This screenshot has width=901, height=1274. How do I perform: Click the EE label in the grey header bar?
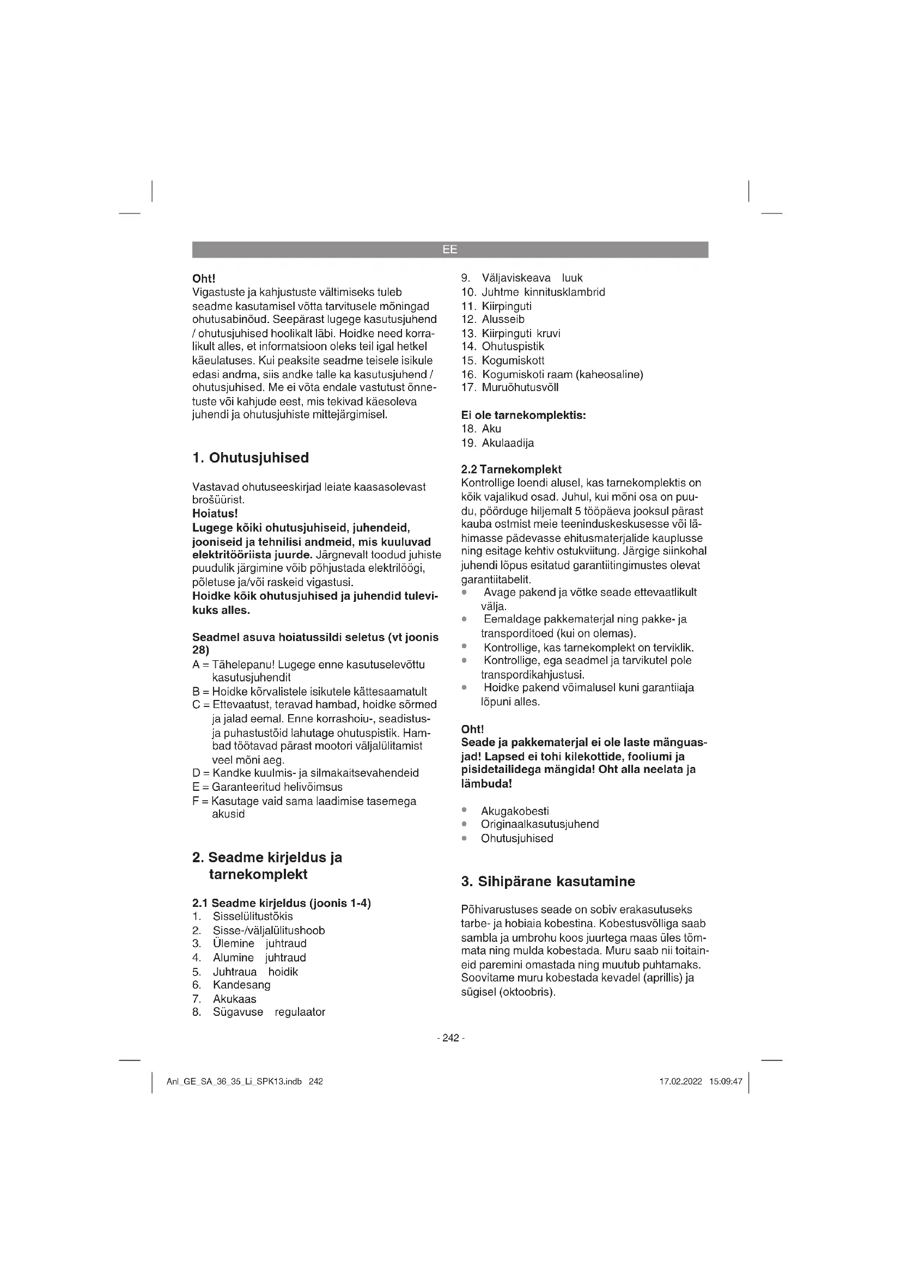click(x=449, y=249)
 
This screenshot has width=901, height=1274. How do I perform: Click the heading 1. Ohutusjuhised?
click(x=250, y=458)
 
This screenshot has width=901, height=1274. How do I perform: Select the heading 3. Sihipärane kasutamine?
click(x=548, y=881)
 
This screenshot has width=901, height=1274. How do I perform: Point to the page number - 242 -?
click(x=450, y=1038)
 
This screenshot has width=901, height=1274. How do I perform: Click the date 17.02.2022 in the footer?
click(x=681, y=1082)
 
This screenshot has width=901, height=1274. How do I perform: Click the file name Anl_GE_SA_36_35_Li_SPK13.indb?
click(x=234, y=1082)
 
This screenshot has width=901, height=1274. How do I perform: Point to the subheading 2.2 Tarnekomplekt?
click(x=512, y=470)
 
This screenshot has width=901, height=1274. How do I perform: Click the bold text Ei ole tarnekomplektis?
click(x=523, y=415)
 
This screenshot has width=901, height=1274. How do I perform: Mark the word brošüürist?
click(x=210, y=500)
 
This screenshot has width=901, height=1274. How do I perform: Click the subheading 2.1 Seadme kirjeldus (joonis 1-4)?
click(x=281, y=903)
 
